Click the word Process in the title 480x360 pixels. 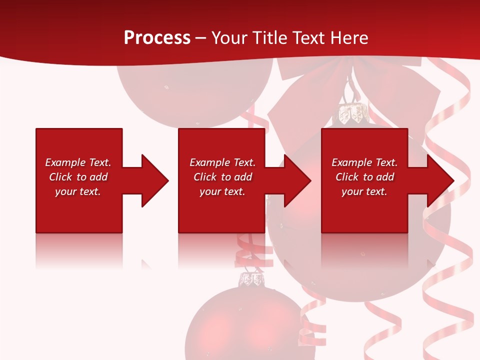coord(157,38)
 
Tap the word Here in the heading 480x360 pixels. coord(349,38)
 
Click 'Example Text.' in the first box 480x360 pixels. coord(78,162)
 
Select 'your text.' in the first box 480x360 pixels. coord(78,191)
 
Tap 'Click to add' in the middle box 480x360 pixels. coord(222,177)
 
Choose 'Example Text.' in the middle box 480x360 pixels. coord(222,162)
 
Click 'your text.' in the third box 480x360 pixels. coord(364,191)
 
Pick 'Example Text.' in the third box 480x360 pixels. coord(364,162)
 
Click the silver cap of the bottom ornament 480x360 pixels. coord(252,279)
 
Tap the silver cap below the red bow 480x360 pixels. coord(352,113)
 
